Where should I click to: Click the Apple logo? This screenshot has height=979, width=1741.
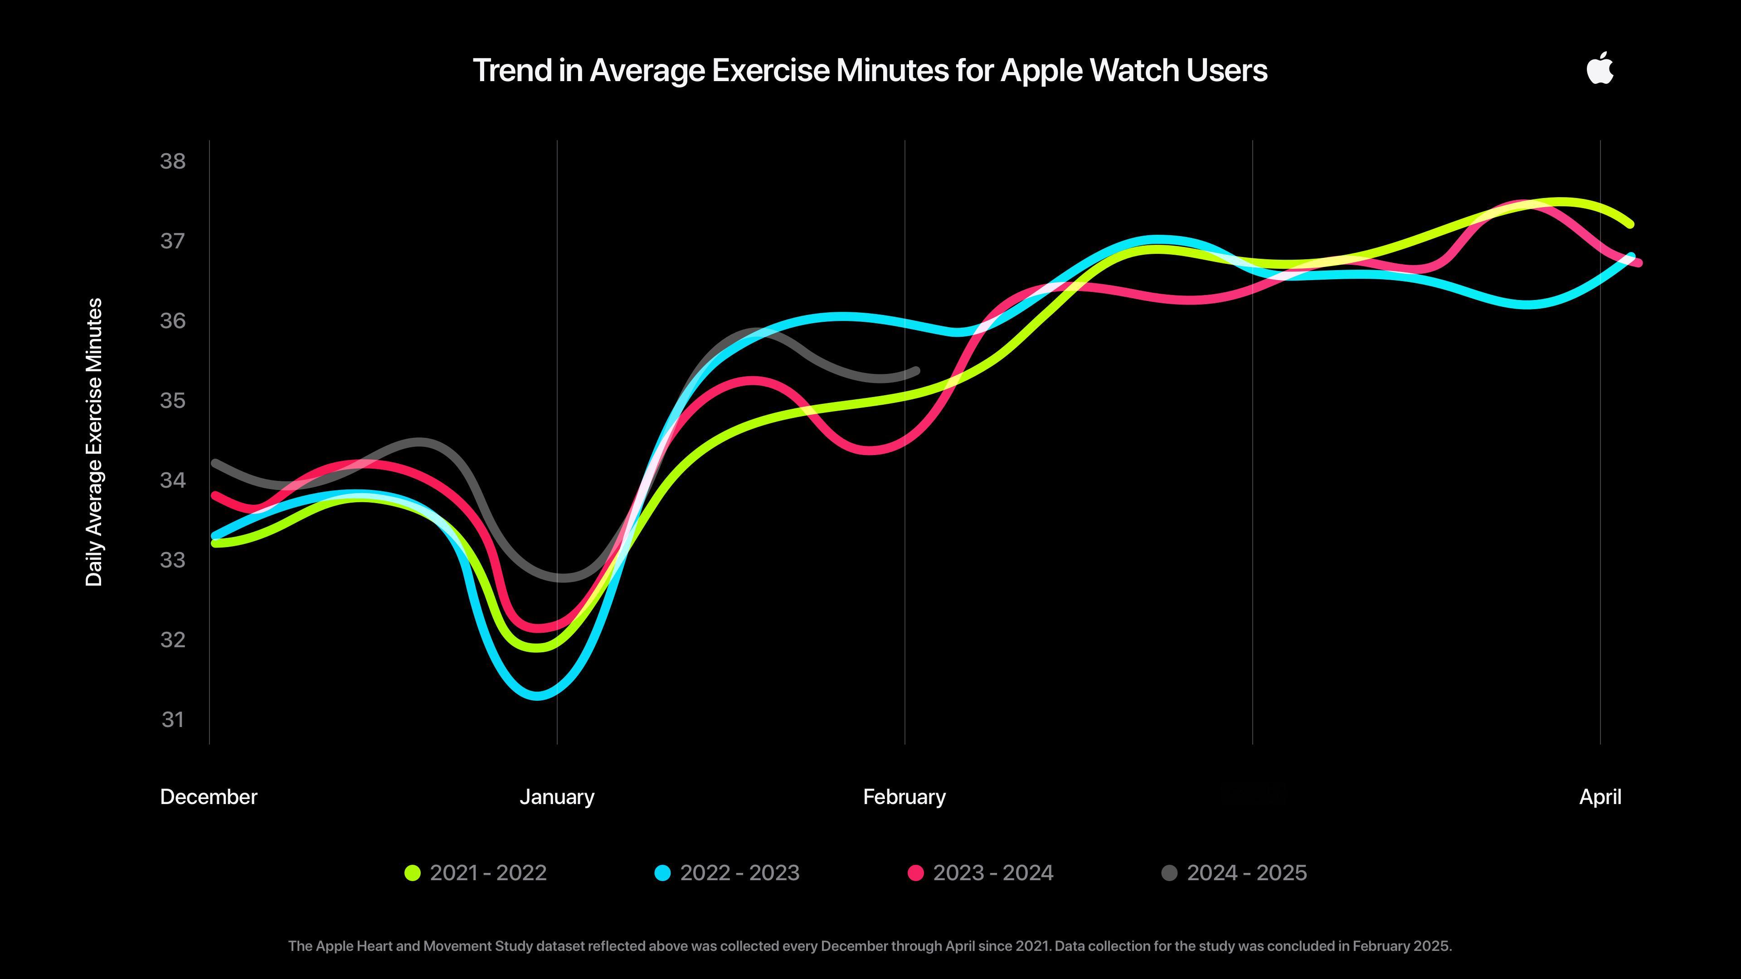coord(1600,69)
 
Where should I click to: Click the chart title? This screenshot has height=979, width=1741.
coord(870,70)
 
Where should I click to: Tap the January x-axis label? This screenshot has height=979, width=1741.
coord(557,797)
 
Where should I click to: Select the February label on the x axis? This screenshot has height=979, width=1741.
coord(905,797)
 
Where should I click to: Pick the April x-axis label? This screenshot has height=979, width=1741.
coord(1600,797)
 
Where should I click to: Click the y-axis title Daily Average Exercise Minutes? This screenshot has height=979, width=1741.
coord(95,442)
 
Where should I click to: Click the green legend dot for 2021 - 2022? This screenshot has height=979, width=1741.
coord(412,873)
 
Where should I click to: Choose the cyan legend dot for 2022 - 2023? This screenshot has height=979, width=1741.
coord(662,873)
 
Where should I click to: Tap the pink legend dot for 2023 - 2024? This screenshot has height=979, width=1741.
coord(916,873)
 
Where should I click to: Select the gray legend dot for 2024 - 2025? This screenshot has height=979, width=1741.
coord(1169,873)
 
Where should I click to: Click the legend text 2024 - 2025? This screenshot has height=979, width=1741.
coord(1247,873)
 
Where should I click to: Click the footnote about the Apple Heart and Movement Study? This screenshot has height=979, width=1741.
coord(870,946)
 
